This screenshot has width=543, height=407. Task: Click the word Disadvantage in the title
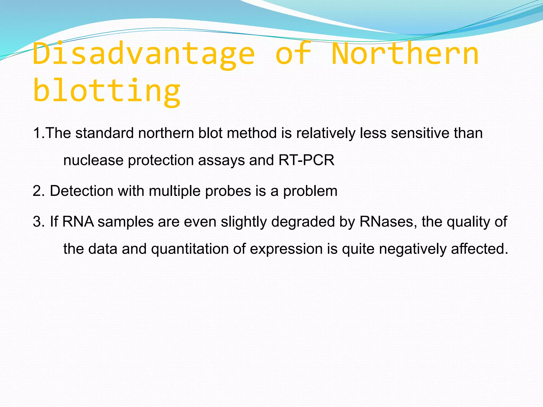coord(143,54)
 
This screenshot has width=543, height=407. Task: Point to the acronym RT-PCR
coord(306,160)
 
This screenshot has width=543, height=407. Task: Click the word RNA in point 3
coord(78,222)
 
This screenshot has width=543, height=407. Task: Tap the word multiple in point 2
coord(174,191)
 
